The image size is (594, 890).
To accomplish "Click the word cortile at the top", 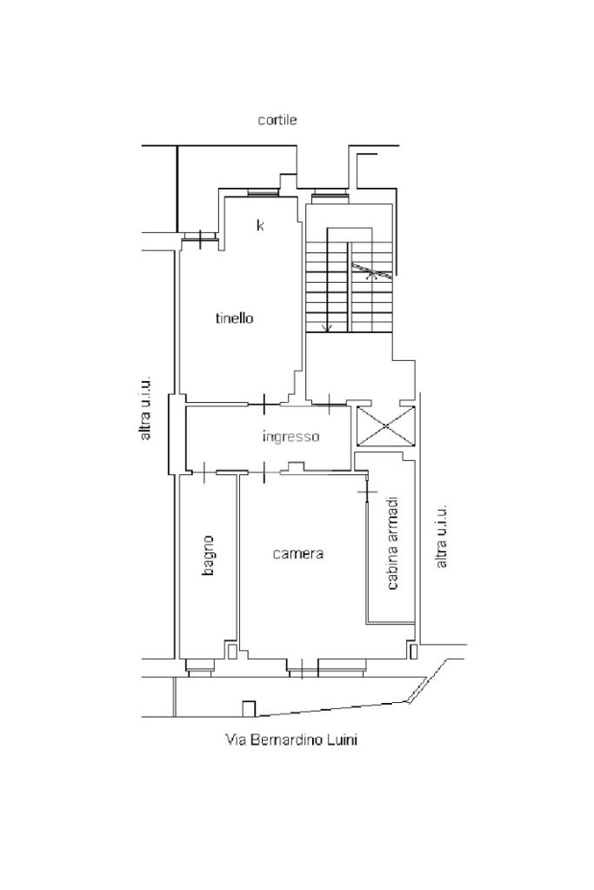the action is [x=277, y=120].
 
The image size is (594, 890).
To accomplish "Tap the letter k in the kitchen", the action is [x=260, y=225].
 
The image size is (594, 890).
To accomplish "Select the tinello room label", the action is [x=234, y=318].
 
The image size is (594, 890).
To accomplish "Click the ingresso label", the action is [x=291, y=437].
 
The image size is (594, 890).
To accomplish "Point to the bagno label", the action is [x=208, y=556].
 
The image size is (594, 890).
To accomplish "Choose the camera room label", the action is [x=297, y=553].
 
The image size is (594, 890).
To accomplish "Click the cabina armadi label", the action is [x=392, y=543].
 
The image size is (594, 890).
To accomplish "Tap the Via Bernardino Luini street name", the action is [x=291, y=739].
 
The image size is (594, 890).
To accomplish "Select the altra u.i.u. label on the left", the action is [x=146, y=407].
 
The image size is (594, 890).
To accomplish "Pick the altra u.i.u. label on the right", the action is [x=442, y=535].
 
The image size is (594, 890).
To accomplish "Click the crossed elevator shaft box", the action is [x=385, y=425].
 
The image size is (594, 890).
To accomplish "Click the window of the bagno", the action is [x=200, y=666].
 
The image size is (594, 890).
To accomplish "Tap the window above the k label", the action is [x=264, y=193].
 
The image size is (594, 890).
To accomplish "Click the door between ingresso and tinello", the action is [x=264, y=405].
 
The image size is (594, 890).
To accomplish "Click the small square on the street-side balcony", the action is [x=249, y=708].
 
